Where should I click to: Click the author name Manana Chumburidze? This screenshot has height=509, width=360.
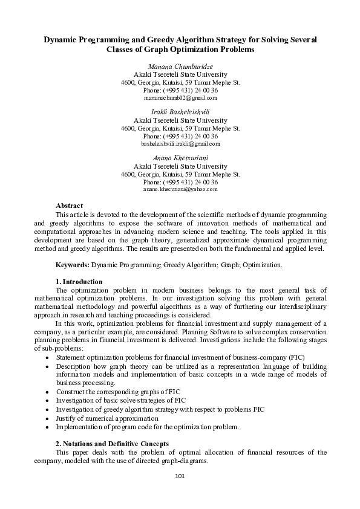coord(180,66)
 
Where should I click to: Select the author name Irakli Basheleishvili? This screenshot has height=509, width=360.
coord(180,112)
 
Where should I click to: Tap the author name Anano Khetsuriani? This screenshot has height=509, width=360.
coord(180,158)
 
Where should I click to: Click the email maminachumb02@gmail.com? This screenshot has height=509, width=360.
coord(180,97)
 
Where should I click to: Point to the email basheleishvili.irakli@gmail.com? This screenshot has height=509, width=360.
coord(180,144)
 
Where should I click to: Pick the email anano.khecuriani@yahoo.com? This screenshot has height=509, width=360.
coord(180,190)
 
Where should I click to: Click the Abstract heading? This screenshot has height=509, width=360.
coord(69,206)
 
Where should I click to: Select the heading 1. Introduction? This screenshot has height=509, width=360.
coord(79,282)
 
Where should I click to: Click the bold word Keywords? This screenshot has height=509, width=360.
coord(73,265)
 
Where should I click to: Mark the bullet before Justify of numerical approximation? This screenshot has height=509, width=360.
coord(48,418)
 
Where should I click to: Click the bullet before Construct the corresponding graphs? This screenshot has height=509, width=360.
coord(48,392)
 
